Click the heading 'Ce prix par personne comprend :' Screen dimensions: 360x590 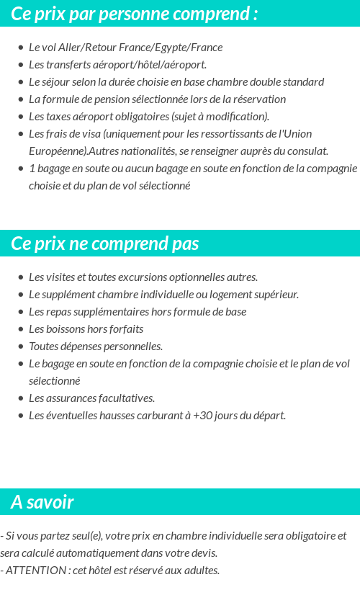pos(134,14)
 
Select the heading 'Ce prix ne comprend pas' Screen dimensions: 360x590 pos(104,243)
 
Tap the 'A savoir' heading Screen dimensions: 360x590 pos(42,502)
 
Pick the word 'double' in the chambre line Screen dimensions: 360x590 pos(267,82)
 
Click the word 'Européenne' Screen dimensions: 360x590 pos(57,151)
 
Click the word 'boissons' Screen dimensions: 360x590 pos(66,329)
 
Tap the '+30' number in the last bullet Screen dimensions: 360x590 pos(203,416)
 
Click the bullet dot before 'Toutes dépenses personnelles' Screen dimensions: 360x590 pos(21,347)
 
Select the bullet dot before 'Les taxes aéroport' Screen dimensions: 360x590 pos(21,117)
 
